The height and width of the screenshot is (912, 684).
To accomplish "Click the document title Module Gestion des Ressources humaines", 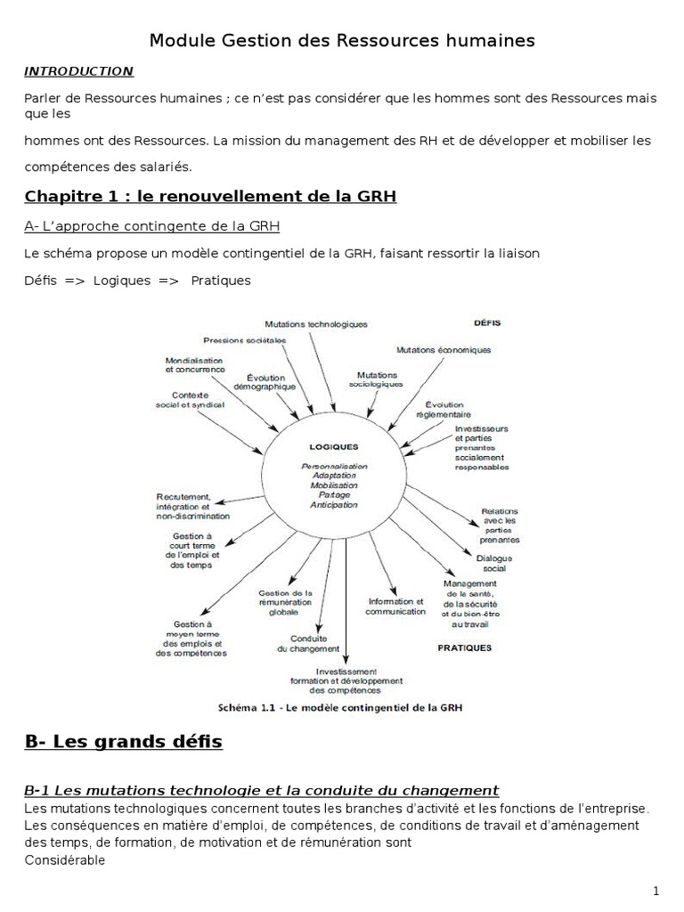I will [x=342, y=40].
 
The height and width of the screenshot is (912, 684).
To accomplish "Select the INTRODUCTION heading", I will [x=78, y=70].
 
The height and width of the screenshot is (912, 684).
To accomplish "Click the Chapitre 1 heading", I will [x=209, y=195].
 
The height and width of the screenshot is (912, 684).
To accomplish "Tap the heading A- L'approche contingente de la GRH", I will [x=151, y=225].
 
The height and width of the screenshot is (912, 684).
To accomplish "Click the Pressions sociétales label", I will [x=244, y=340].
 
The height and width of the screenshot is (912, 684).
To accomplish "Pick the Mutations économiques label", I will [x=443, y=350].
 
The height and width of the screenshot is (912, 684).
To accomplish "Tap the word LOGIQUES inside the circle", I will [x=333, y=447].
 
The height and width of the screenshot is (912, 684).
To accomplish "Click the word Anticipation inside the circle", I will [x=333, y=505].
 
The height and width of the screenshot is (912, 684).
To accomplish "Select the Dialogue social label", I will [x=491, y=563].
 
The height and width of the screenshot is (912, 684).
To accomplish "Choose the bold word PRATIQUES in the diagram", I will [x=464, y=648].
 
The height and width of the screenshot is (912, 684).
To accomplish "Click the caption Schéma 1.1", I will [x=341, y=708].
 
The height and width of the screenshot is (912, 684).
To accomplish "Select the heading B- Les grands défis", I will [x=124, y=741].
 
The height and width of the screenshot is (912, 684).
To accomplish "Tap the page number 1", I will [x=655, y=890].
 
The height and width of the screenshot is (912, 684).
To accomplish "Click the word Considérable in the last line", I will [x=65, y=860].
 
